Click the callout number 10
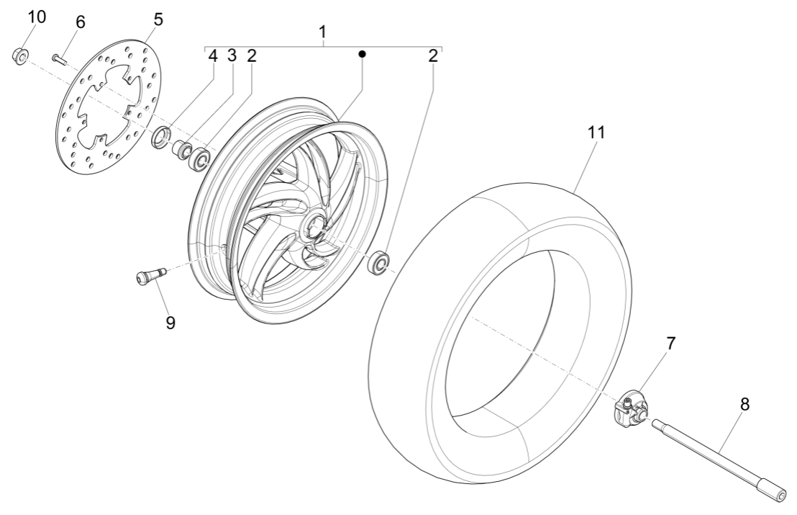[x=36, y=17]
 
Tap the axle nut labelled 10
[x=21, y=55]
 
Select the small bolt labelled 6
[x=59, y=58]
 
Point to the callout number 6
[x=80, y=22]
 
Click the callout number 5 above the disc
[x=158, y=19]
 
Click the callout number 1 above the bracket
[x=323, y=32]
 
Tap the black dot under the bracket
[x=363, y=54]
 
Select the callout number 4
[x=212, y=56]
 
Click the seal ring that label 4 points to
[x=161, y=135]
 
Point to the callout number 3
[x=232, y=56]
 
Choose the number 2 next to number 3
[x=251, y=56]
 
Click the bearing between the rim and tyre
[x=379, y=261]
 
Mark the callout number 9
[x=170, y=322]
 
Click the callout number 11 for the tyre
[x=596, y=133]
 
